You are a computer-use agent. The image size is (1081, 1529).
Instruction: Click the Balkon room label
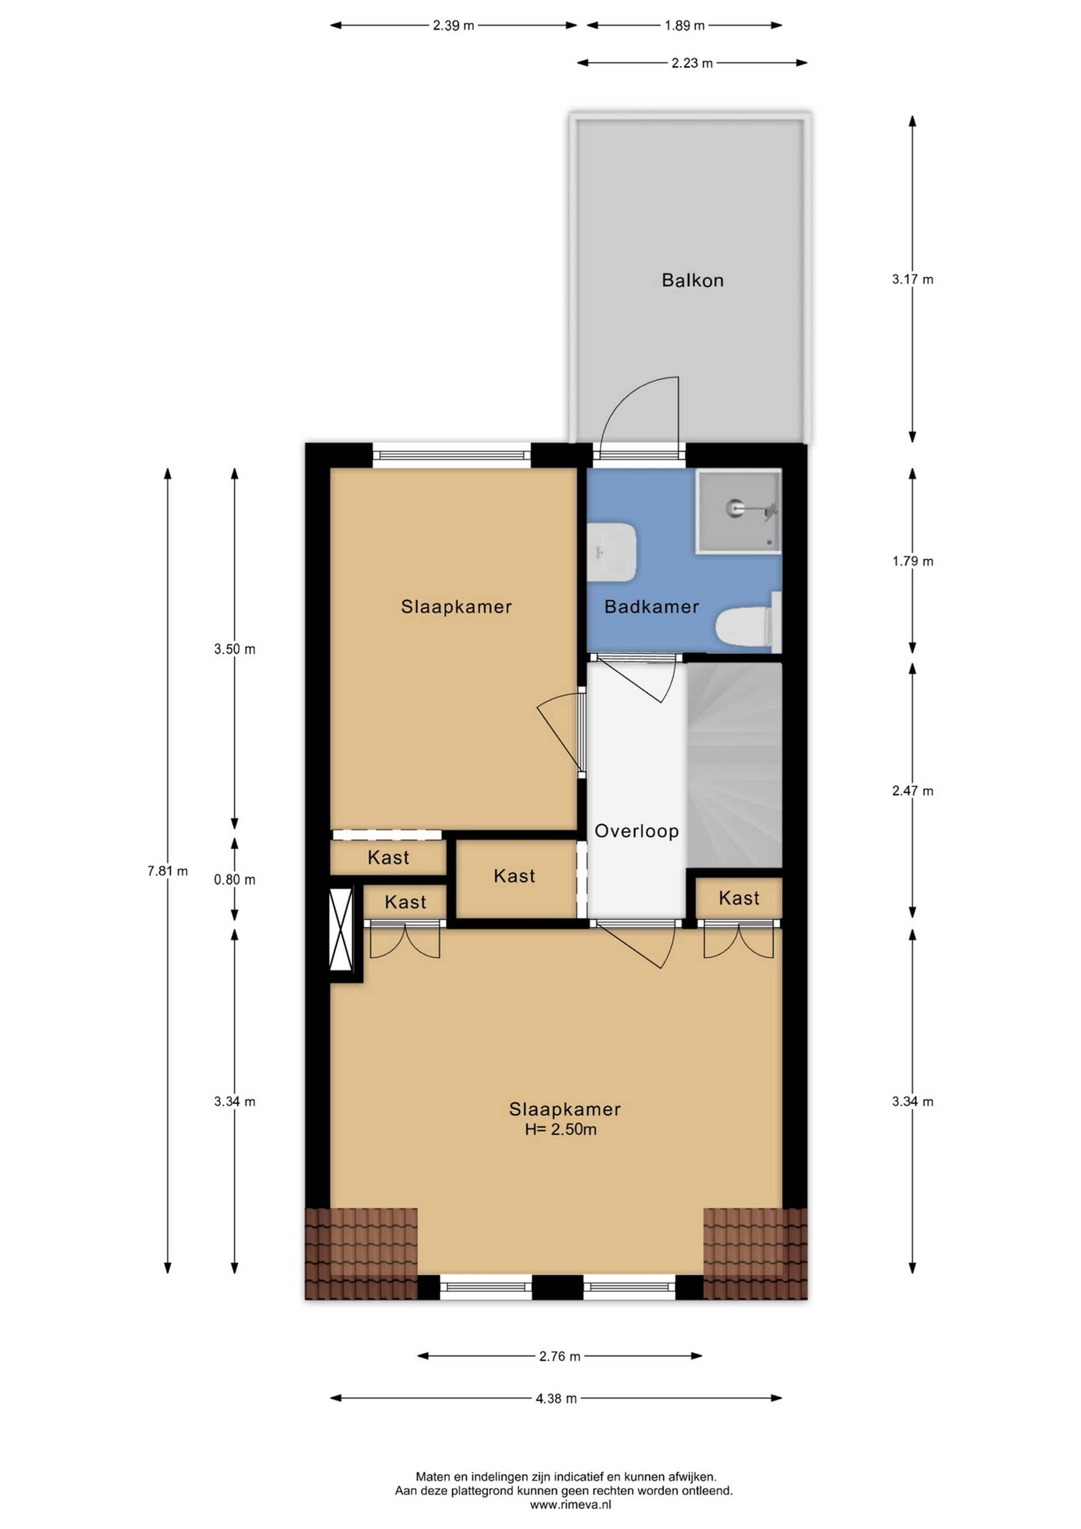point(693,281)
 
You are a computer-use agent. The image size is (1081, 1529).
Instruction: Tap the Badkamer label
point(651,607)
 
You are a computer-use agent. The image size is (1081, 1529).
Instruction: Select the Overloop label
point(636,831)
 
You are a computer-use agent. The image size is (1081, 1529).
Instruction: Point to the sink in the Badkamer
point(612,552)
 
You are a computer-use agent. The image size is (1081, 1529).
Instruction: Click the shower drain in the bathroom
point(733,509)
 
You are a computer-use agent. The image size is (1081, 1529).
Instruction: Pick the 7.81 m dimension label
point(168,871)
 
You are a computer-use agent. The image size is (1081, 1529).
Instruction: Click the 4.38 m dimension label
point(556,1398)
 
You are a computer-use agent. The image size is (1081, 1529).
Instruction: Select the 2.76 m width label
point(560,1356)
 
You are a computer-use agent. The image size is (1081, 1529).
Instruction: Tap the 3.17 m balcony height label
point(913,279)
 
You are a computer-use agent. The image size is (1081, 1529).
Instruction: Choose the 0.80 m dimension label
point(234,879)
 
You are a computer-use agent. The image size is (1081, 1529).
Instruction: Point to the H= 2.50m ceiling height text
point(560,1129)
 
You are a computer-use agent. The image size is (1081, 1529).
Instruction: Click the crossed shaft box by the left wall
point(342,929)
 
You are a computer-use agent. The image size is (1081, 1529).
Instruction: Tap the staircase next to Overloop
point(734,765)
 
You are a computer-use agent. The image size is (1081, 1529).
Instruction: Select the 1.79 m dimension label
point(913,561)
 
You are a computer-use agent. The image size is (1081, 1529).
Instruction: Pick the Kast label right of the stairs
point(739,899)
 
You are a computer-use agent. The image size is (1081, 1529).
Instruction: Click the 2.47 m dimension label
point(913,791)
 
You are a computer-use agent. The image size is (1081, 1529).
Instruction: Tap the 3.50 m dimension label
point(234,650)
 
